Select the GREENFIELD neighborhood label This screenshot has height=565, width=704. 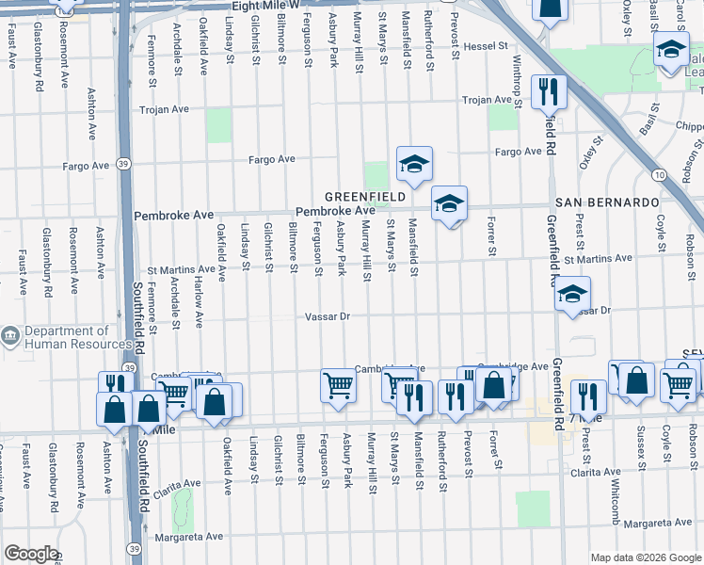coord(366,197)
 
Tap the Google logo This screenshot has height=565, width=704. coord(30,554)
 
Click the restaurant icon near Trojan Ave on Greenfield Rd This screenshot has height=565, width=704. coord(548,92)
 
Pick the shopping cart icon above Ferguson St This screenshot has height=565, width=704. coord(338,385)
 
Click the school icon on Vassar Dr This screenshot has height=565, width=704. coord(571,294)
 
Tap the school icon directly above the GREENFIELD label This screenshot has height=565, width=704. coord(413,164)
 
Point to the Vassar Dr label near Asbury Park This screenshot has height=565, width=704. coord(327,316)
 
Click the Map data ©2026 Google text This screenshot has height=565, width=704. coord(645,557)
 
